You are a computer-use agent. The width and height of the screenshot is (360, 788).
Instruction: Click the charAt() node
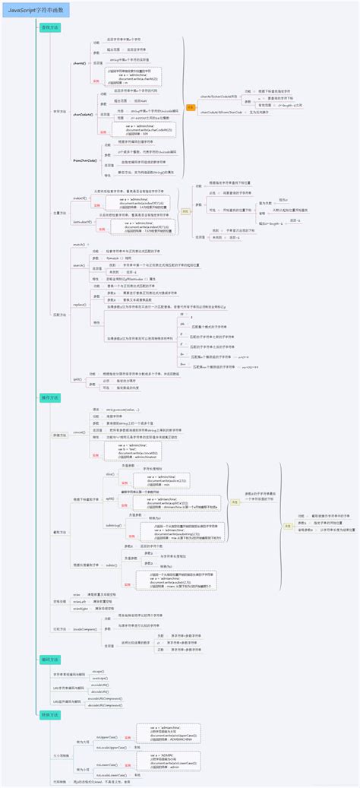pyautogui.click(x=78, y=64)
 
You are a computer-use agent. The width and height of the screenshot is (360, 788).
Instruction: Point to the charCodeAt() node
pyautogui.click(x=82, y=114)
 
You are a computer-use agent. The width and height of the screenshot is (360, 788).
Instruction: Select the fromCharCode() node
pyautogui.click(x=84, y=160)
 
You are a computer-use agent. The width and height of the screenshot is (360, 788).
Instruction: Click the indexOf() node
pyautogui.click(x=79, y=198)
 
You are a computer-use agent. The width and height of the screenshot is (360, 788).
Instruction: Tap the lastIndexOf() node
pyautogui.click(x=81, y=223)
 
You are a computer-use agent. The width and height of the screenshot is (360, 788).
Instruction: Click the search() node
pyautogui.click(x=78, y=265)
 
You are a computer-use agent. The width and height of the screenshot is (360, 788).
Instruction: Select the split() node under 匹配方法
pyautogui.click(x=77, y=378)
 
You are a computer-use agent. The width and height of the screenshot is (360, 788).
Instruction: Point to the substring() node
pyautogui.click(x=113, y=525)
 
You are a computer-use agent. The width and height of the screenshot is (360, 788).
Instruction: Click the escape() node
pyautogui.click(x=98, y=671)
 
